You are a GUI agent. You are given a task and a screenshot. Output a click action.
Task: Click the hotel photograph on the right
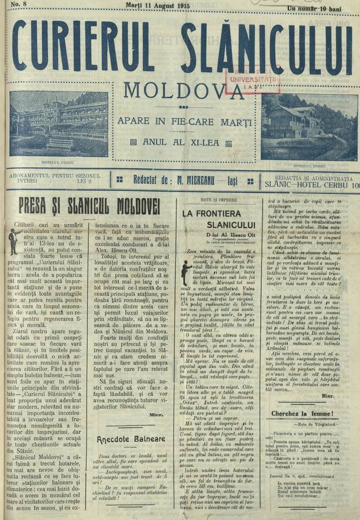pos(309,127)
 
